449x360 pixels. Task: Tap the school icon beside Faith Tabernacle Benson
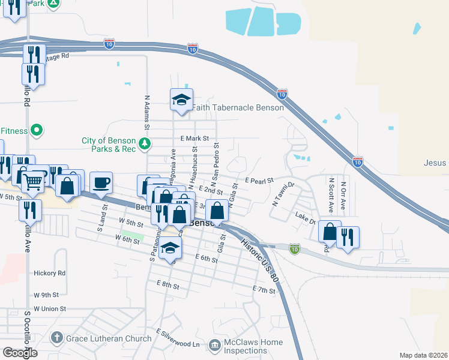click(x=181, y=100)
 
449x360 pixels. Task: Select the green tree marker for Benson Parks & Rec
click(x=145, y=144)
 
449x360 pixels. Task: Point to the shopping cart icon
click(x=35, y=179)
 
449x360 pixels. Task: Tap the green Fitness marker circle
click(x=37, y=130)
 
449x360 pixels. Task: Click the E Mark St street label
click(x=194, y=139)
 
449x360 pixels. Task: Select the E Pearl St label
click(x=259, y=180)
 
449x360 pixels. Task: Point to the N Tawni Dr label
click(x=284, y=194)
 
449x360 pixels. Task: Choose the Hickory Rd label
click(x=50, y=273)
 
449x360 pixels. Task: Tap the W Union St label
click(x=50, y=308)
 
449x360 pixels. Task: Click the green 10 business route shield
click(x=294, y=249)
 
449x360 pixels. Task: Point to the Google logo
click(x=20, y=353)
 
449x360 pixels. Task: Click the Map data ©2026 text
click(x=423, y=355)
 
